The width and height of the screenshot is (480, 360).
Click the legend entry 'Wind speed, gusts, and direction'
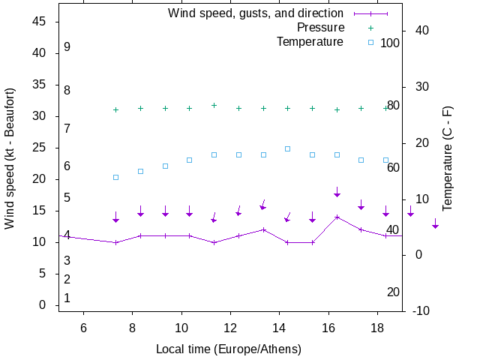tap(255, 13)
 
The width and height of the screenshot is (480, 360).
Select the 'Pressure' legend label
tap(320, 27)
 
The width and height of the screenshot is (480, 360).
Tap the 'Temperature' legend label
tap(310, 41)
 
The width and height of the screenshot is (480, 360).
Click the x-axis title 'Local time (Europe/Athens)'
tap(229, 349)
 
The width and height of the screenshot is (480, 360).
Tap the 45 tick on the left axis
tap(40, 22)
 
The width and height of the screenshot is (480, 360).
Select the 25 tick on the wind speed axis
tap(40, 148)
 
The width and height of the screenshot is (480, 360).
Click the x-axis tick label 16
tap(328, 327)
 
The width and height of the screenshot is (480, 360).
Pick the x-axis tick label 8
tap(132, 327)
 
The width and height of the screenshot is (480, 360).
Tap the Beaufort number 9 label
tap(67, 47)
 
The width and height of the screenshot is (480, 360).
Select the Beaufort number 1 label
tap(67, 298)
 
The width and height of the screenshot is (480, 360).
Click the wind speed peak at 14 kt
tap(337, 217)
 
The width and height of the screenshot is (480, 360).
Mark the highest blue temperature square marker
tap(287, 148)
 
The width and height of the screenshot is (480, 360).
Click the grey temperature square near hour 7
tap(115, 177)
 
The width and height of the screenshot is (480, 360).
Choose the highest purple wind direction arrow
tap(337, 192)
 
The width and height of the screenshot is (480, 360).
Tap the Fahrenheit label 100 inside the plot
tap(390, 43)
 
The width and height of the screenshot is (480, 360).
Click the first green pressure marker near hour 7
tap(115, 109)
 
